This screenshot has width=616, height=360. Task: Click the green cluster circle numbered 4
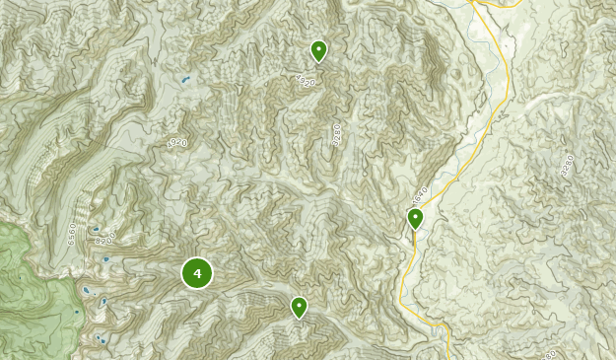197,273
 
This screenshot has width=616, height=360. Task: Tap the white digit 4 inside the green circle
197,273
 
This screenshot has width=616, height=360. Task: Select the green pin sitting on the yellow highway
416,218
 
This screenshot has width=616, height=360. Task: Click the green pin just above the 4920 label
318,49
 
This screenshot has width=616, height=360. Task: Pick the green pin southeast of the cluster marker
299,308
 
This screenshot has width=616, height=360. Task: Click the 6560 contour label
72,233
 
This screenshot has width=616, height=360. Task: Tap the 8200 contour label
105,239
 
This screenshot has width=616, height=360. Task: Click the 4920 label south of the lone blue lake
177,144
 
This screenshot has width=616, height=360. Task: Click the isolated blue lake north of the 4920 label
183,79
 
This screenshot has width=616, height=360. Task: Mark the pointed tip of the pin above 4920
318,62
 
